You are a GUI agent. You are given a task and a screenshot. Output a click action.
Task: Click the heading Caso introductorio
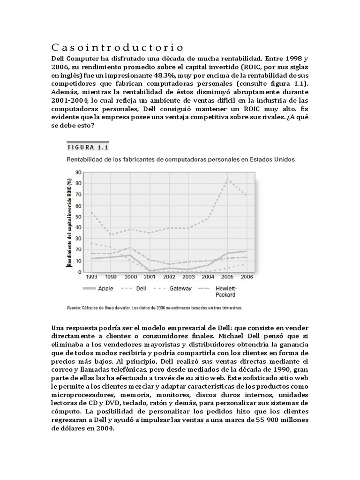coord(117,48)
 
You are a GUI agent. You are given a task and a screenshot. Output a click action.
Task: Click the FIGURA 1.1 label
coord(88,146)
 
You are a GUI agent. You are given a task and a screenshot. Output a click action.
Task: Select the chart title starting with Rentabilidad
coord(181,159)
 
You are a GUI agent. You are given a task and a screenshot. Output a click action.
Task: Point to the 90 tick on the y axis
coord(78,172)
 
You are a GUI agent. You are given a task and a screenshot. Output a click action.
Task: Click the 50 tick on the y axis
coord(78,217)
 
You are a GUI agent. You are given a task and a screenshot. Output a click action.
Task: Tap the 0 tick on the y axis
coord(80,272)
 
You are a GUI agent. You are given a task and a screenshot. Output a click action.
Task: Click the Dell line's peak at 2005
coord(228,179)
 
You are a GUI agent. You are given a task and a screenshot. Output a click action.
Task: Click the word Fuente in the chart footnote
coord(74,308)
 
